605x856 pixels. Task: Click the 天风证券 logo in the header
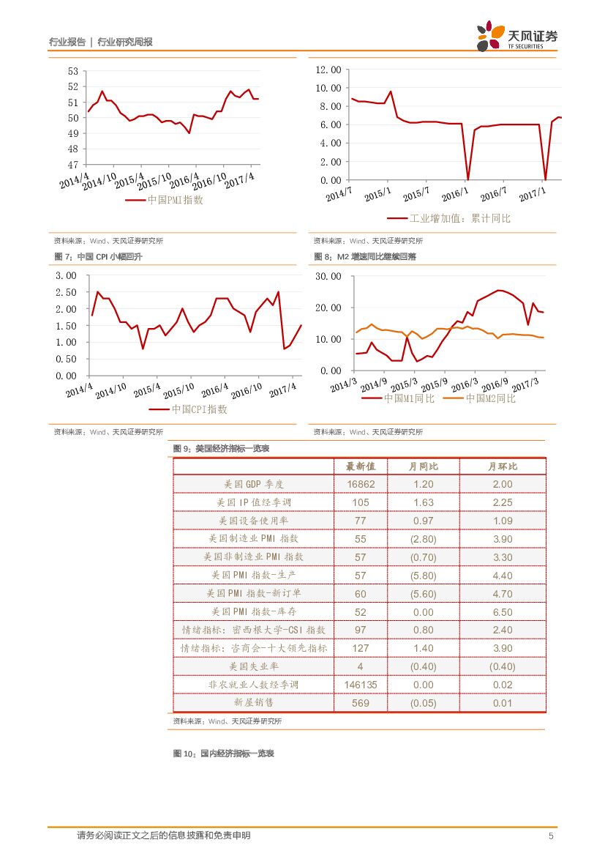(x=518, y=37)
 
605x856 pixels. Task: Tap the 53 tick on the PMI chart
(x=72, y=71)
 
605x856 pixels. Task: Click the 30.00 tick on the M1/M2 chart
(x=327, y=276)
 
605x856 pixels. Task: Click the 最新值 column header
(x=360, y=466)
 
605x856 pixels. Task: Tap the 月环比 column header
(x=503, y=466)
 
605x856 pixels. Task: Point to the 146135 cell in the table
(x=360, y=685)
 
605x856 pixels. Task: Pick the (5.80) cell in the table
(x=423, y=576)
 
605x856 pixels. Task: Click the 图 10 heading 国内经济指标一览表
(x=223, y=753)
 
